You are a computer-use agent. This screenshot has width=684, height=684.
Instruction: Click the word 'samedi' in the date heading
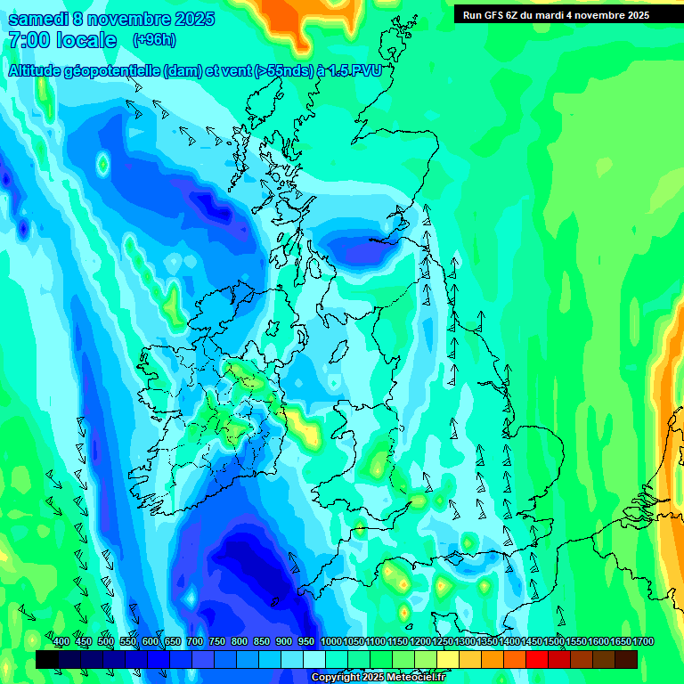coord(39,19)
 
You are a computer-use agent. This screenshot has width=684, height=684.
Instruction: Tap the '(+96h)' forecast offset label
coord(153,39)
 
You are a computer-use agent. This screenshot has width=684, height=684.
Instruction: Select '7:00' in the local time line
coord(28,40)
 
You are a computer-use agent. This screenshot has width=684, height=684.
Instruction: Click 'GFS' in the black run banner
coord(496,15)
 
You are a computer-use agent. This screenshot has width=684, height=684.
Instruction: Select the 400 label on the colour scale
coord(61,642)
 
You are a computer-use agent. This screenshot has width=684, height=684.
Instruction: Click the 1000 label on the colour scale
coord(331,642)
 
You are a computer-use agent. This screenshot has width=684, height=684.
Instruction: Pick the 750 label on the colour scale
coord(217,642)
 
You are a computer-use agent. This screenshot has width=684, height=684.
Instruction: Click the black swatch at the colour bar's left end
coord(47,659)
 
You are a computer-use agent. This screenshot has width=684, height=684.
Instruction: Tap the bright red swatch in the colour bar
coord(536,659)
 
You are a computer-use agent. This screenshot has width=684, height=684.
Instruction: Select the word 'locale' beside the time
coord(87,40)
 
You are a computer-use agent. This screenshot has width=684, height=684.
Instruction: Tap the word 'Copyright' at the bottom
coord(337,678)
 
